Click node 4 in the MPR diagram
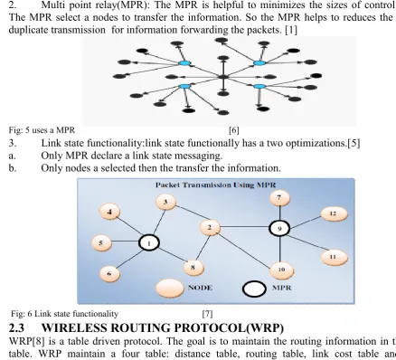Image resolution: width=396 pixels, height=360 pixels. click(x=109, y=213)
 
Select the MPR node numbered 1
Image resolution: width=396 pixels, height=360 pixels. click(x=149, y=243)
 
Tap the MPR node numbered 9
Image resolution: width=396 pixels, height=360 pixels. click(x=279, y=229)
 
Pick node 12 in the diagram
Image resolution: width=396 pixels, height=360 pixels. click(x=334, y=213)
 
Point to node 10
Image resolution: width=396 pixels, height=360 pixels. click(x=281, y=270)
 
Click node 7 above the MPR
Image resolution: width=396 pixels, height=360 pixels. click(x=279, y=198)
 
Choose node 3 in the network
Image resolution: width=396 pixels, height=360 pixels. click(x=165, y=202)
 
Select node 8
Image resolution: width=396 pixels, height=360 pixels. click(x=193, y=268)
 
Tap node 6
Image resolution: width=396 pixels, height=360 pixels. click(x=109, y=273)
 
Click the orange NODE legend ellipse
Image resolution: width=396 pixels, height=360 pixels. click(x=170, y=288)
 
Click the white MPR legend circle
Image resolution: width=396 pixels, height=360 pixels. click(x=254, y=289)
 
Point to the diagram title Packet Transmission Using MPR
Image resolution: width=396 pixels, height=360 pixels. click(x=215, y=185)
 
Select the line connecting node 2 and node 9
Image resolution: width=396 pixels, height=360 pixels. click(x=245, y=227)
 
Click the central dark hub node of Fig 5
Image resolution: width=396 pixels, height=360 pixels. click(x=223, y=77)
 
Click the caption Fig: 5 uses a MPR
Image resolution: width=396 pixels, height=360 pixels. click(x=42, y=130)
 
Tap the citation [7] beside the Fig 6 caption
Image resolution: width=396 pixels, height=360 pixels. click(x=207, y=314)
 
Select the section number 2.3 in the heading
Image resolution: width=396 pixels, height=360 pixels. click(x=16, y=327)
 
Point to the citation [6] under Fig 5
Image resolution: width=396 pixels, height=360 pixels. click(x=234, y=130)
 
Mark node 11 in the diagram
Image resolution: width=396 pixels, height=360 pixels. click(x=334, y=257)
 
